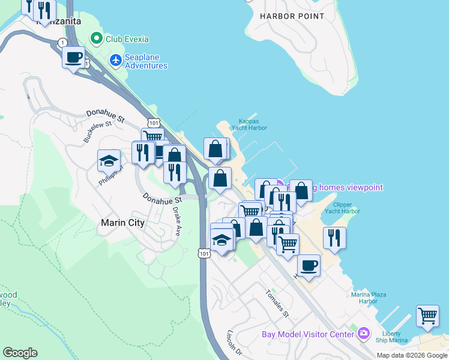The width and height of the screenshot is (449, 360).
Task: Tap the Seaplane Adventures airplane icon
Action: point(116,60)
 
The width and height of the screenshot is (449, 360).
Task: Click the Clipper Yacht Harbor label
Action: point(342,207)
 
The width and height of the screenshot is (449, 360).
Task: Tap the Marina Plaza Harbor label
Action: point(369,298)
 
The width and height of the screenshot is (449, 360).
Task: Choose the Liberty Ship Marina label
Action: point(394,337)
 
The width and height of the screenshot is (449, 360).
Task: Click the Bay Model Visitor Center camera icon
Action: point(363,333)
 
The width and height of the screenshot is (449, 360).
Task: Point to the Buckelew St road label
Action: point(98,131)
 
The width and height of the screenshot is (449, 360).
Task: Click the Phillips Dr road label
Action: point(106,175)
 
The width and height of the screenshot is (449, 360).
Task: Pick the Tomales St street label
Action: point(277,304)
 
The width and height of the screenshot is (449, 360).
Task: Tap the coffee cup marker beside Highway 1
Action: point(73,58)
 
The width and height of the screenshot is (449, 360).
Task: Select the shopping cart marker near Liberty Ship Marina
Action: point(427,316)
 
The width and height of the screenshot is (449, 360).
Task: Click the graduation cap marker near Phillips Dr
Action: point(109,161)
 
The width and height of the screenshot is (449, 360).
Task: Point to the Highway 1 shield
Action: point(63,43)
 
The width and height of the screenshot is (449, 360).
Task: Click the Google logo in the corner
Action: point(20,353)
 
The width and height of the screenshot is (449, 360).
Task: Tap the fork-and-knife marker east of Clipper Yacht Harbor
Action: point(334,238)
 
